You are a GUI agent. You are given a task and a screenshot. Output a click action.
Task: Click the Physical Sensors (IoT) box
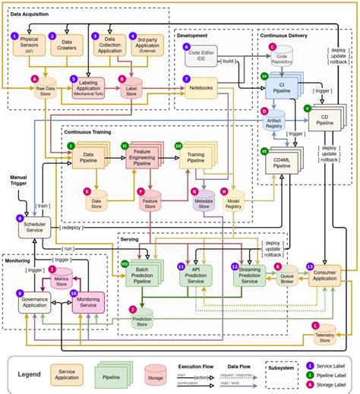(x=29, y=44)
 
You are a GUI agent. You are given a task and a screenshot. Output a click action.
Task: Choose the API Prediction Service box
(x=199, y=276)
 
